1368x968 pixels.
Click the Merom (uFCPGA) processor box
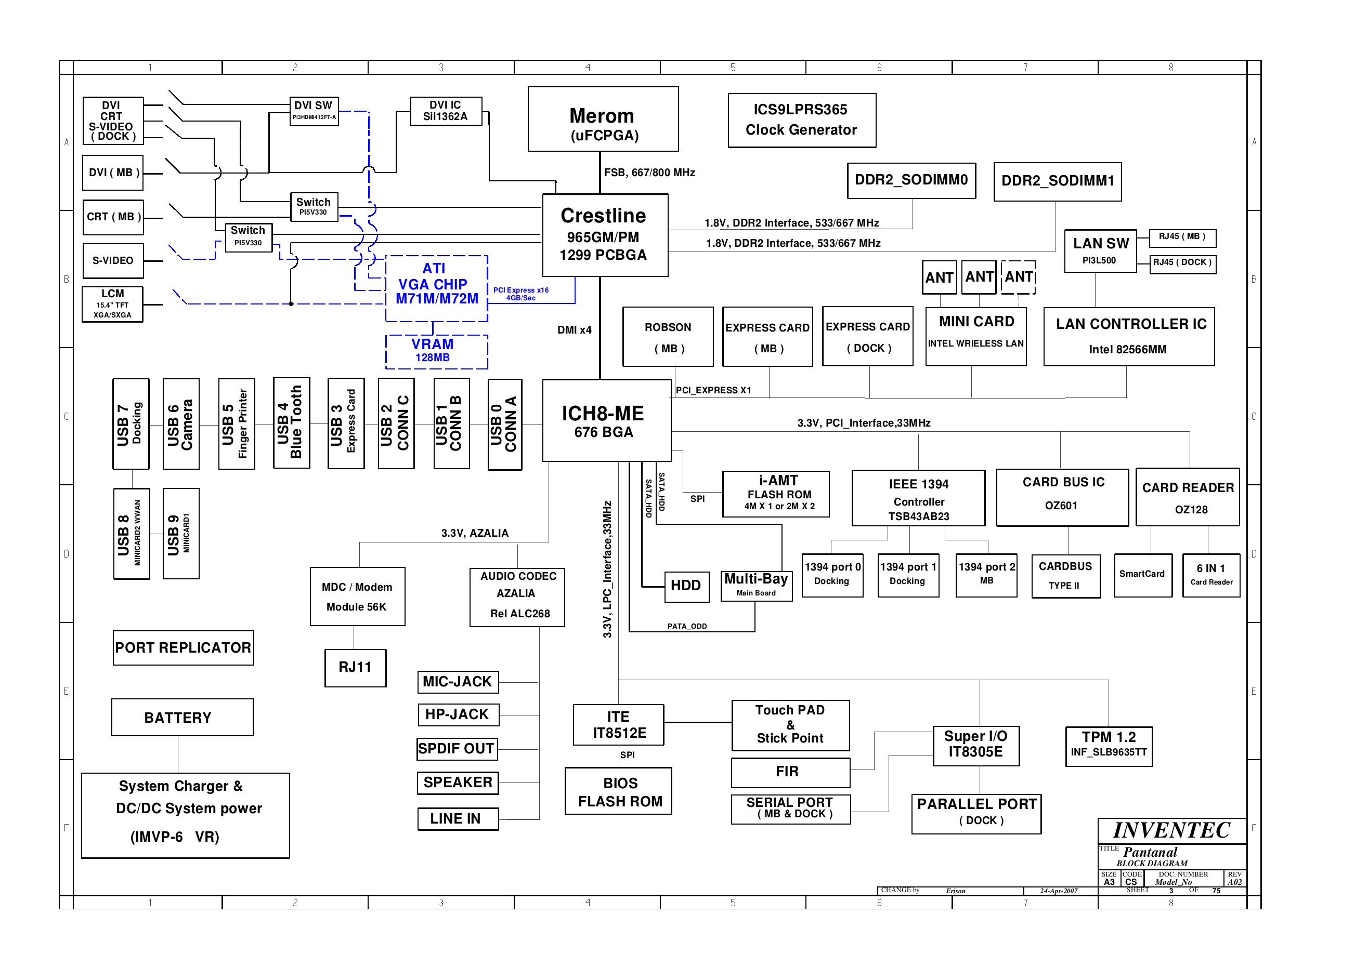[x=603, y=119]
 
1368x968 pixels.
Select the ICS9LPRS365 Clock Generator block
[x=801, y=120]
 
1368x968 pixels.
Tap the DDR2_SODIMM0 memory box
[x=911, y=181]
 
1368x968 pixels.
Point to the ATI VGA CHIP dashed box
[x=437, y=288]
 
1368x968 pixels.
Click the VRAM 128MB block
[x=437, y=352]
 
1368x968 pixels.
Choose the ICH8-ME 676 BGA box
[x=606, y=421]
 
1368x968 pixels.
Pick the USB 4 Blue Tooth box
[x=291, y=422]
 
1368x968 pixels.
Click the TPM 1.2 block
[x=1109, y=746]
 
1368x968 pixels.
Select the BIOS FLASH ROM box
[x=618, y=791]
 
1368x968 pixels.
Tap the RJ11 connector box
[x=356, y=668]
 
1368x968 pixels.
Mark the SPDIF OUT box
[x=458, y=749]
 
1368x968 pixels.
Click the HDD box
[x=687, y=586]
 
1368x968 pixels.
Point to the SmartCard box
[x=1142, y=575]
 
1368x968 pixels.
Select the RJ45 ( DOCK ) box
[x=1182, y=263]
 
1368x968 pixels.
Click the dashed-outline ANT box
[x=1018, y=277]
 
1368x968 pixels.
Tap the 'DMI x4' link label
[x=574, y=329]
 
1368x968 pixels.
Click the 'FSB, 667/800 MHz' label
[x=649, y=173]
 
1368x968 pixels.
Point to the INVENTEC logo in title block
[x=1171, y=830]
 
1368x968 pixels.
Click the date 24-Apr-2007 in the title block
[x=1059, y=891]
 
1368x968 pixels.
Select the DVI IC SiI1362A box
[x=446, y=112]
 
